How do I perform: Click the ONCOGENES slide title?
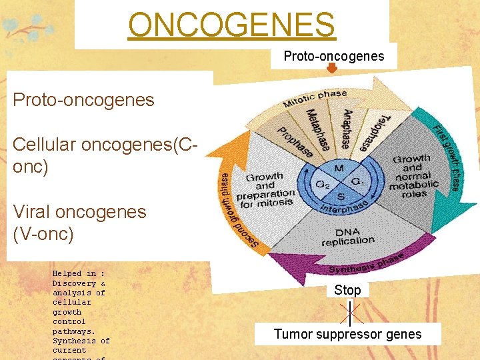click(231, 25)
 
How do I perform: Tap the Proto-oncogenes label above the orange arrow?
click(333, 56)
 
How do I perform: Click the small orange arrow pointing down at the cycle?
click(333, 69)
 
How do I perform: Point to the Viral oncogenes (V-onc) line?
click(79, 223)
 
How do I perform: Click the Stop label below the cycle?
click(347, 290)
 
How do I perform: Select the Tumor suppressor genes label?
click(347, 334)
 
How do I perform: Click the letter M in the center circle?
click(338, 168)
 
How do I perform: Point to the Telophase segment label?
click(372, 131)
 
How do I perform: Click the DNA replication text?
click(347, 236)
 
